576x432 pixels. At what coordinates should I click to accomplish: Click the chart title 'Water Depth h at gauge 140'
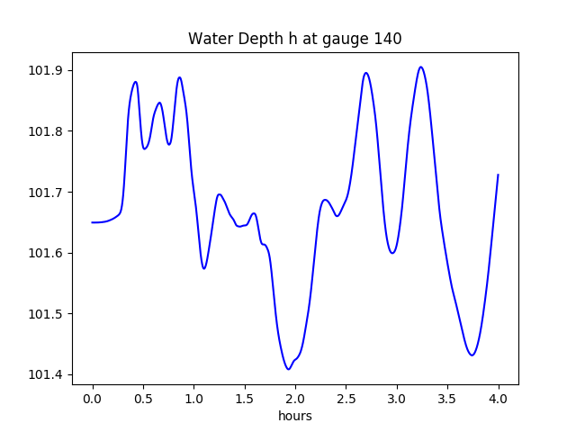pyautogui.click(x=294, y=39)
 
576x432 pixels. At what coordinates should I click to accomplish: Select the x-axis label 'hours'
pyautogui.click(x=294, y=416)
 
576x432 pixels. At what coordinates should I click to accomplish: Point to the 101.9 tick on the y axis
pyautogui.click(x=45, y=71)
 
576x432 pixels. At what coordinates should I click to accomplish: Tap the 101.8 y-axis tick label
pyautogui.click(x=45, y=131)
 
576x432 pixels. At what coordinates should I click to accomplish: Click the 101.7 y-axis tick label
pyautogui.click(x=45, y=193)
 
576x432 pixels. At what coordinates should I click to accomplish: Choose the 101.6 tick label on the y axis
pyautogui.click(x=45, y=253)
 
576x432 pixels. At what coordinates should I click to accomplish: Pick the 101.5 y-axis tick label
pyautogui.click(x=45, y=314)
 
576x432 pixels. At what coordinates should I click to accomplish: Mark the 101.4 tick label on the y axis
pyautogui.click(x=45, y=374)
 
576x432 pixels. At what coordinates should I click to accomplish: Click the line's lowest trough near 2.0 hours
pyautogui.click(x=289, y=369)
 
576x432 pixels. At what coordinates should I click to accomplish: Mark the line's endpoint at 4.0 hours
pyautogui.click(x=498, y=175)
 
